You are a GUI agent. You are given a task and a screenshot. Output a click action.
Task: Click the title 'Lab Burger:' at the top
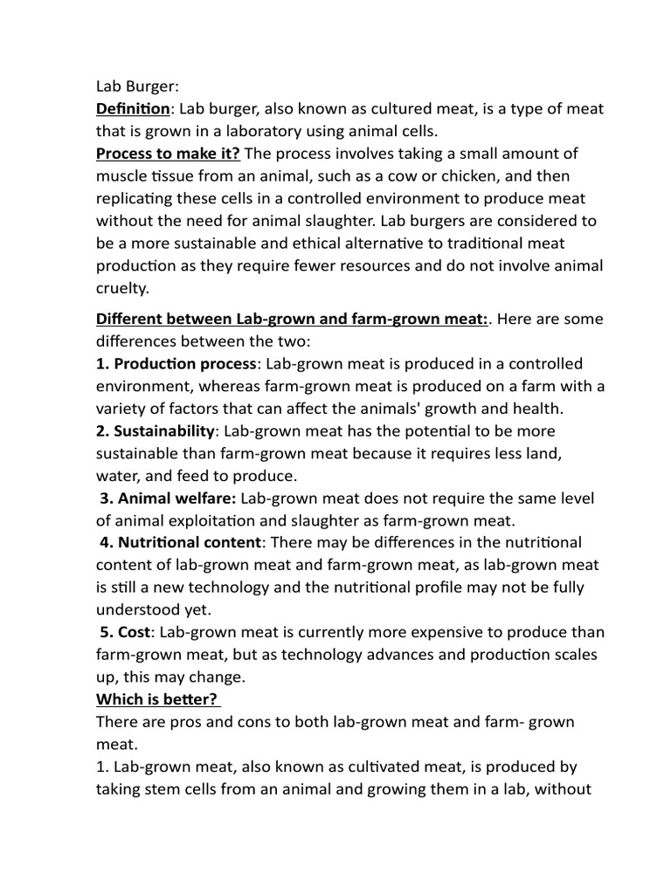(136, 86)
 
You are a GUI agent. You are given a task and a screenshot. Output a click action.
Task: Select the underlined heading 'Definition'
(133, 109)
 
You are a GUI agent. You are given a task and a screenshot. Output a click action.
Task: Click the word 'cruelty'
(122, 287)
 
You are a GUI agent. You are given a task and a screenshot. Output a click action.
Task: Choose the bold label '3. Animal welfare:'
(169, 498)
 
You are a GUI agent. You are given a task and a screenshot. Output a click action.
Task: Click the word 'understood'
(139, 609)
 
